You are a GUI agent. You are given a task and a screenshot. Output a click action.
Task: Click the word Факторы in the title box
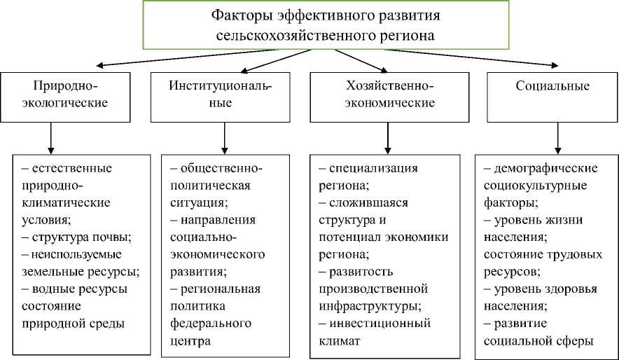coord(236,15)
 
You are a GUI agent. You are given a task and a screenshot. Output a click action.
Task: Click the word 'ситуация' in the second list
coord(198,202)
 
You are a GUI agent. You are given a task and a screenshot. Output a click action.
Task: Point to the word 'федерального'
coord(211,324)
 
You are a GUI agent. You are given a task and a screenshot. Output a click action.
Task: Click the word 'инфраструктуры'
coord(369,305)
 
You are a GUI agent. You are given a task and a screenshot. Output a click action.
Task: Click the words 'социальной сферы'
coord(538,341)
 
